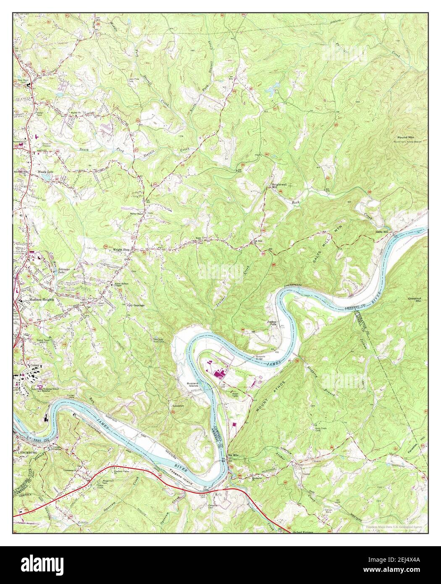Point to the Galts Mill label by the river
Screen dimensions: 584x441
(382, 232)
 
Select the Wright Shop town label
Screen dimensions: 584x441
(122, 249)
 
